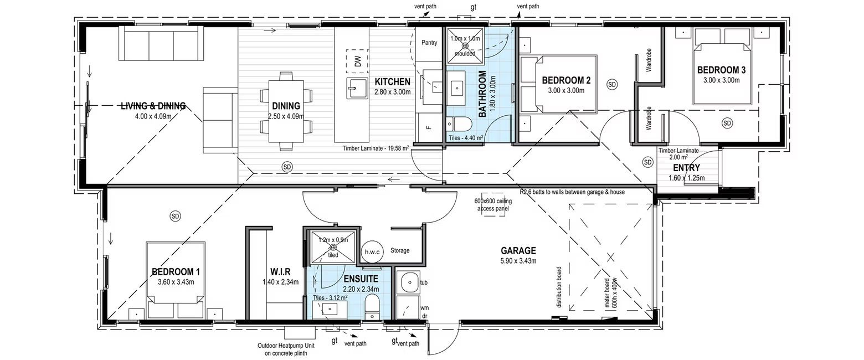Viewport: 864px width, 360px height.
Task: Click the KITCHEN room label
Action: [x=392, y=82]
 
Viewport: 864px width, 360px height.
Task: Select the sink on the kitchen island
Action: [x=354, y=88]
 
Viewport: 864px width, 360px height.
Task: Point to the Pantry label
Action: [x=429, y=43]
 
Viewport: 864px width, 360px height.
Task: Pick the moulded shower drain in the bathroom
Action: [x=465, y=45]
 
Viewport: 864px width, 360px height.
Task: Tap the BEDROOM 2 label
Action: [x=566, y=80]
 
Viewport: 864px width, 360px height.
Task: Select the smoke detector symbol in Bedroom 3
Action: [x=727, y=122]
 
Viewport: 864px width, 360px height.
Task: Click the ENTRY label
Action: [x=686, y=168]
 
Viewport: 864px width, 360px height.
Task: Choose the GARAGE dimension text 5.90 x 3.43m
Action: [x=518, y=261]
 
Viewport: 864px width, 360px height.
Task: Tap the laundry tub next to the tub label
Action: [x=409, y=282]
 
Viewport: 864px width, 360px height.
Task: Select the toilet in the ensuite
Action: [x=372, y=305]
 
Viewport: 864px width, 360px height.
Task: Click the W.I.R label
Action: [x=280, y=272]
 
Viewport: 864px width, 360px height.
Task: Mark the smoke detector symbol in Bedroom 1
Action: [x=176, y=215]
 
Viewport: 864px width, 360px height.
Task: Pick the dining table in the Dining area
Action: [x=286, y=111]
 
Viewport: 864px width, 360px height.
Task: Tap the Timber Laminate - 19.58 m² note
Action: [x=376, y=148]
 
